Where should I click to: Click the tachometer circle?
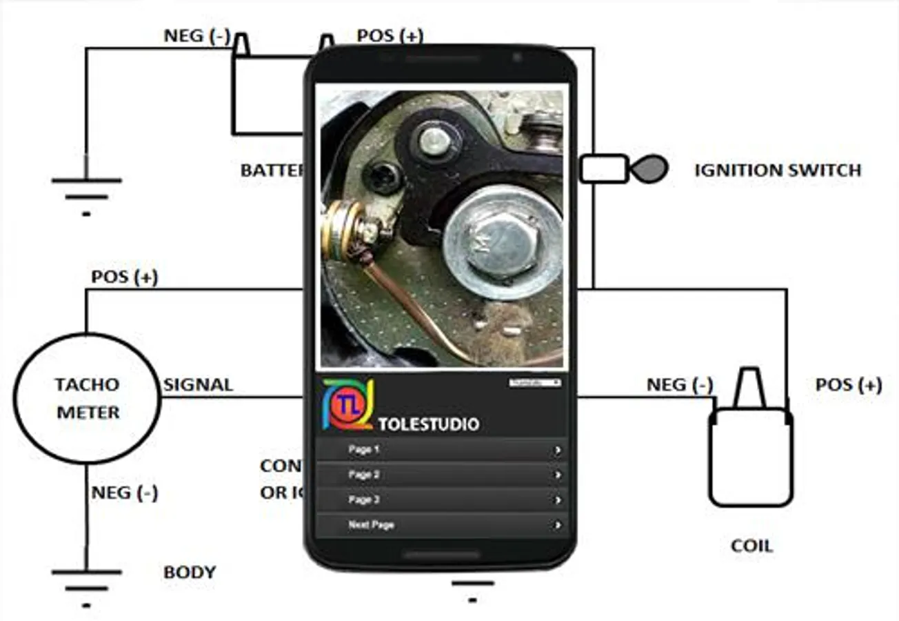(x=87, y=399)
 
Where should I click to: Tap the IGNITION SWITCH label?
(x=778, y=170)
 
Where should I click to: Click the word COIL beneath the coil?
(x=751, y=546)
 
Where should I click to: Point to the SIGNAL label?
(x=198, y=385)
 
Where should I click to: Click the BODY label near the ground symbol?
(x=190, y=572)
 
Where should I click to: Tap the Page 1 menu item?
(x=441, y=450)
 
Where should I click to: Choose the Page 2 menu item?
(x=441, y=475)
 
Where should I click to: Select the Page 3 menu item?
(x=441, y=500)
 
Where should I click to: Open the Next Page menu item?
(x=441, y=525)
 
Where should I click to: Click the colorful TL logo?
(x=347, y=404)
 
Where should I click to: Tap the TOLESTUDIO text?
(x=428, y=424)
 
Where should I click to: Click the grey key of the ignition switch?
(x=650, y=169)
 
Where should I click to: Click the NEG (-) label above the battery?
(x=196, y=36)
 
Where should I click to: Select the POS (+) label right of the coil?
(x=848, y=385)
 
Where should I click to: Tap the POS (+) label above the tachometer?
(x=125, y=277)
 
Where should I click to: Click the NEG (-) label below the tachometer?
(x=125, y=493)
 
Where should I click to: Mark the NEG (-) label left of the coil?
(x=679, y=385)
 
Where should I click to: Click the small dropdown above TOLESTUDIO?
(x=535, y=382)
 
